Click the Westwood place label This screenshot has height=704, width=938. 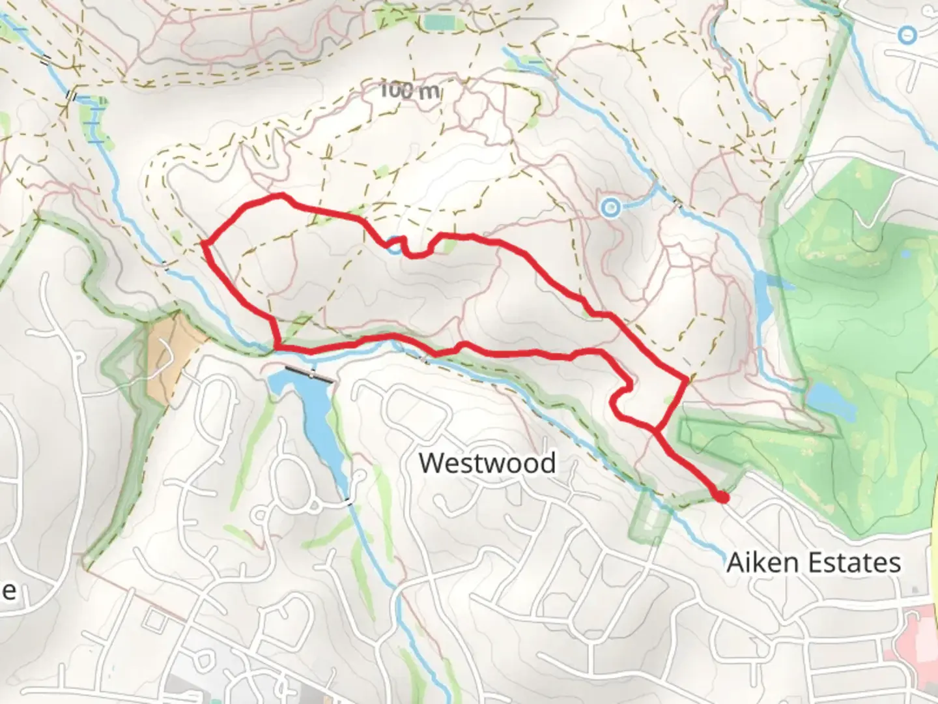487,463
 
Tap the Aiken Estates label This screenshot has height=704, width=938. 813,562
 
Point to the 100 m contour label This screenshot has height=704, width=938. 410,90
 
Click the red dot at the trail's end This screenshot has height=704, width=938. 721,497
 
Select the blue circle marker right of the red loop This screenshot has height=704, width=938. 610,208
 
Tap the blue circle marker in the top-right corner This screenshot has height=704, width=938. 907,35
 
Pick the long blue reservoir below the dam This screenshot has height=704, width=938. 311,417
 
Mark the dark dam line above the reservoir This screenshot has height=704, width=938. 311,375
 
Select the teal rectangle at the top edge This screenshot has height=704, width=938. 438,22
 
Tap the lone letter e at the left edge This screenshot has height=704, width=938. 8,591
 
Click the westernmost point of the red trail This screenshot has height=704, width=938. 203,244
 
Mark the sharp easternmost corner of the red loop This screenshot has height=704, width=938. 687,379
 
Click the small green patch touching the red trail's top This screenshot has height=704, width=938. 448,244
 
